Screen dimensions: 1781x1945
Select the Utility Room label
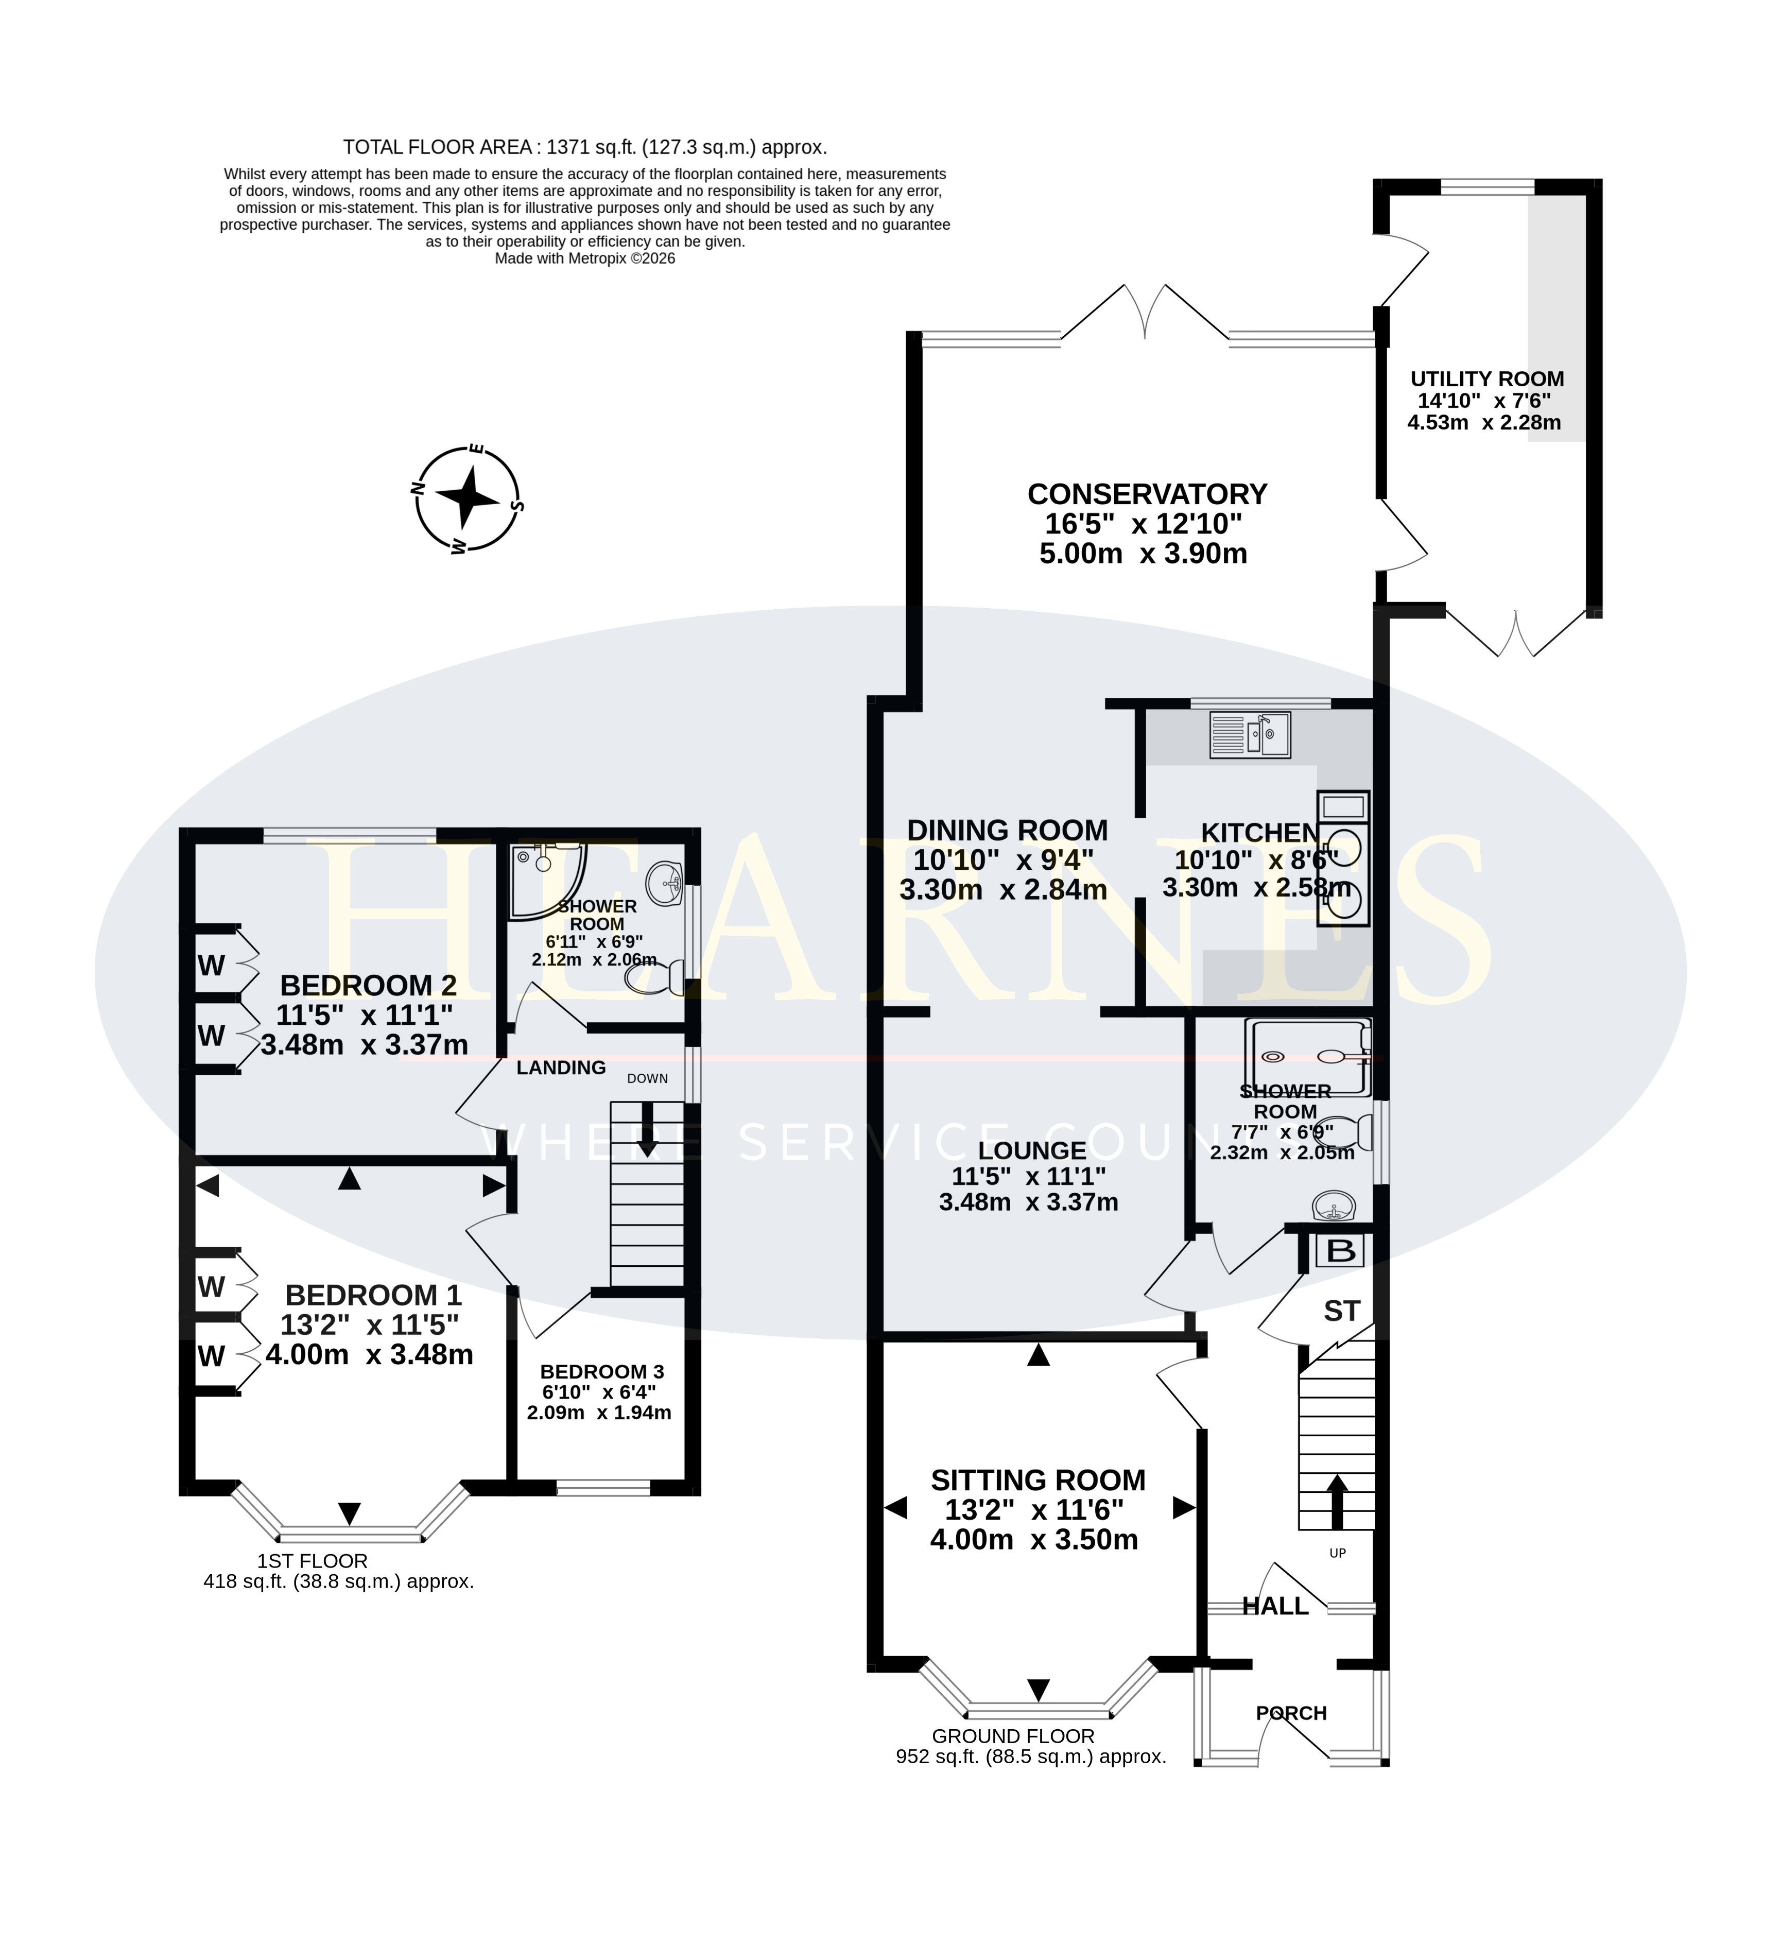(1486, 379)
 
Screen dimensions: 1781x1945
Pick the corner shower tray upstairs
(546, 879)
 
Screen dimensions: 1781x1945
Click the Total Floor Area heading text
(585, 148)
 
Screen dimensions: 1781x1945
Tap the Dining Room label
(1007, 830)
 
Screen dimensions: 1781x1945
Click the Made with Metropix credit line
(585, 259)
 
